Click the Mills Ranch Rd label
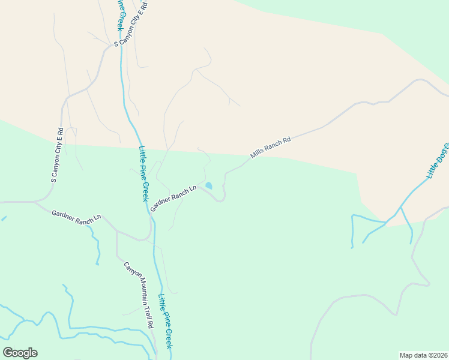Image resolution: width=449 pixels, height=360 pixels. pos(271,148)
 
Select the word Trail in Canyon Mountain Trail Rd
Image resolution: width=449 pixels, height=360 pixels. pos(146,313)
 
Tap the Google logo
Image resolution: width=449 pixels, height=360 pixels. pos(20,353)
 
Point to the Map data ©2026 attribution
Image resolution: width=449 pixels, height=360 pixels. pos(423,355)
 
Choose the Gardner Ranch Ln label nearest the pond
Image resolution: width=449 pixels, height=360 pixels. pos(173,198)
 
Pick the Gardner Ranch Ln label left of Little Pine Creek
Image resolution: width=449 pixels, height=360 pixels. pos(76,217)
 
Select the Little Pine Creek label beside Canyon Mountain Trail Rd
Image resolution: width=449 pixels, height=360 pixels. pos(165,321)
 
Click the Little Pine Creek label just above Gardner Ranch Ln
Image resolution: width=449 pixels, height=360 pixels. pos(143,174)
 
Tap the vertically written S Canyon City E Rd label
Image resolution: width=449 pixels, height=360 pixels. pos(56,155)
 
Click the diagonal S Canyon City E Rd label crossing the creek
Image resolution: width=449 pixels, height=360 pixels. pos(131,23)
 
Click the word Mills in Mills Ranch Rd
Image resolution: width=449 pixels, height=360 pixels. pos(258,153)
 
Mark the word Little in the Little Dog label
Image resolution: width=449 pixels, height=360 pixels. pos(432,170)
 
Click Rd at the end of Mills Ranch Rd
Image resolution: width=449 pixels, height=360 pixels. pos(286,140)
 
